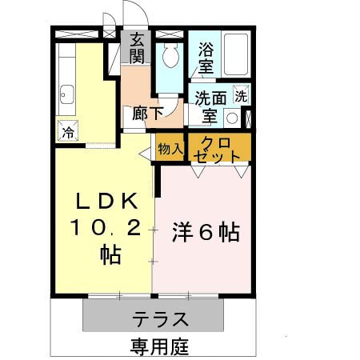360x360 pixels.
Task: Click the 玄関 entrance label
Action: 137,49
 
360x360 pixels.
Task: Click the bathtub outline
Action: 235,54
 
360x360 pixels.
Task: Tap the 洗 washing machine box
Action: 240,95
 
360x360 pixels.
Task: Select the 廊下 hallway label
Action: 145,113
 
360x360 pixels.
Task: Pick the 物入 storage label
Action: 170,148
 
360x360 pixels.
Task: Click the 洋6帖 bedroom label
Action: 205,232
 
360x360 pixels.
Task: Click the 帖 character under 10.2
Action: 110,255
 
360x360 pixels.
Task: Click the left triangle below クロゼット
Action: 197,170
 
